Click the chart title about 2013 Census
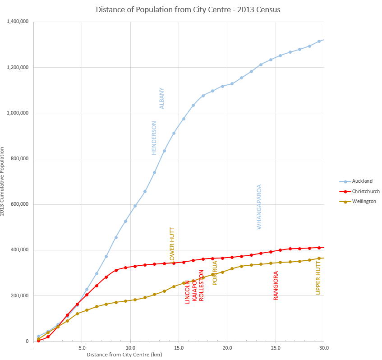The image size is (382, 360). (191, 9)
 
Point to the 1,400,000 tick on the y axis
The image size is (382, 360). (18, 22)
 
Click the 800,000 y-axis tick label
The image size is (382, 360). (20, 159)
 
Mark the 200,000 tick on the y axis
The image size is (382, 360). (20, 296)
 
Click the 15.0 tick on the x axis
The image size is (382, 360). (179, 348)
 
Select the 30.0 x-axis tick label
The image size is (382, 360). (323, 348)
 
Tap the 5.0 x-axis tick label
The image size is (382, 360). (82, 348)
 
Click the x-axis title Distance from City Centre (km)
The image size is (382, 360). (124, 355)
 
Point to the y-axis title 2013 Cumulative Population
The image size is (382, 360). (3, 180)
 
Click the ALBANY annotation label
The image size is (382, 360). (162, 98)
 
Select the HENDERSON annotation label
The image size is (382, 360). (154, 138)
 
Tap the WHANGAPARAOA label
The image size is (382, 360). (259, 207)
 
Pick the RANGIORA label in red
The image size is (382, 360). (276, 286)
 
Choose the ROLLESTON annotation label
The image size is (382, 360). (202, 286)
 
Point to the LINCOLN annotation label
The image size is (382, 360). (188, 291)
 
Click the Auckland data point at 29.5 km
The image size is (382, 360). (319, 42)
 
